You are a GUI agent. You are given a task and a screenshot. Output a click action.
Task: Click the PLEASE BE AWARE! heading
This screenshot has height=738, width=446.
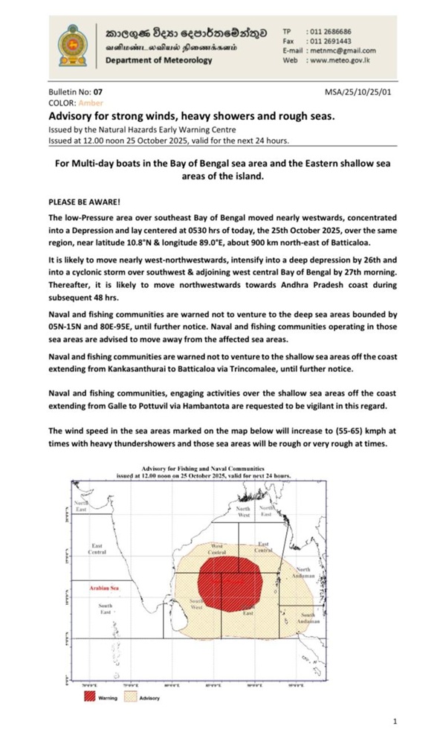(x=80, y=202)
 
